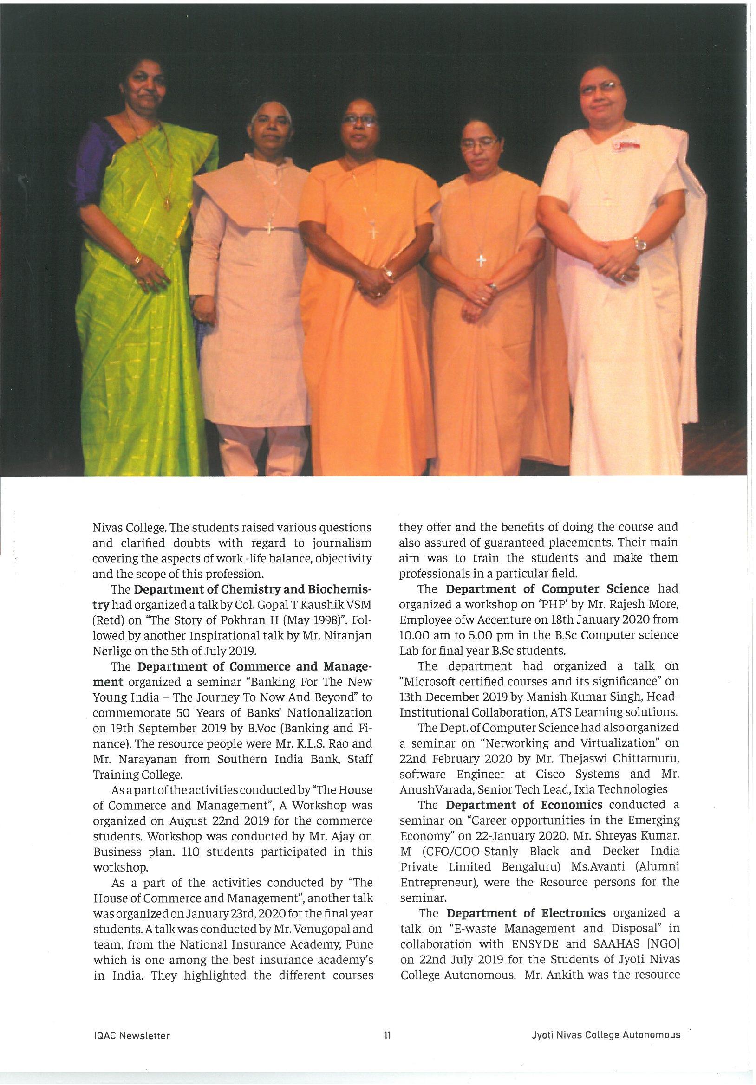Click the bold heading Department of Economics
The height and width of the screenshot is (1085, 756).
click(x=524, y=805)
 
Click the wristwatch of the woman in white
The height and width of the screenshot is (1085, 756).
click(x=640, y=244)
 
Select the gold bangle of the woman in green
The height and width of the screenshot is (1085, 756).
click(x=137, y=259)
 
